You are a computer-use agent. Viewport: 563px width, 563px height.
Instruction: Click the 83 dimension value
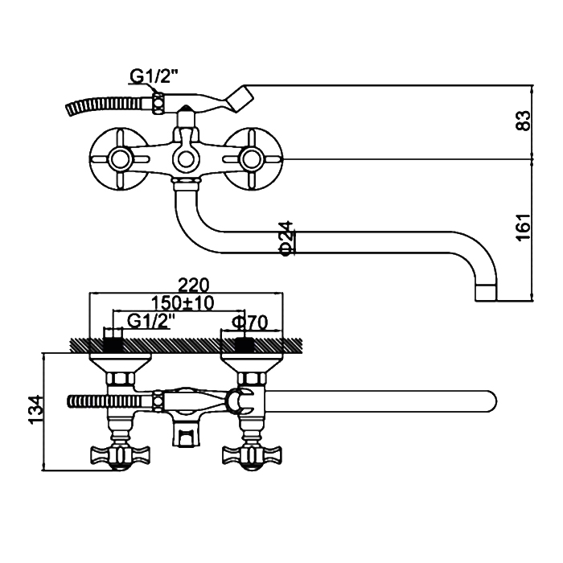524,121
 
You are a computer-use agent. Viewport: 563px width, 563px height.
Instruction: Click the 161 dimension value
524,228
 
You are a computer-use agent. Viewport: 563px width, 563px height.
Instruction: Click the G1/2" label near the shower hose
153,77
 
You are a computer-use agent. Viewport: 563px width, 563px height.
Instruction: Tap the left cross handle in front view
119,158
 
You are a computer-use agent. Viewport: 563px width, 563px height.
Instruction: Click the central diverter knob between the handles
186,158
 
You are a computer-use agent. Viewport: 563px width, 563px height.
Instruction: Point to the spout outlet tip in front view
488,290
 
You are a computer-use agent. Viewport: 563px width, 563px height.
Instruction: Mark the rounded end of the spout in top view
491,401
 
